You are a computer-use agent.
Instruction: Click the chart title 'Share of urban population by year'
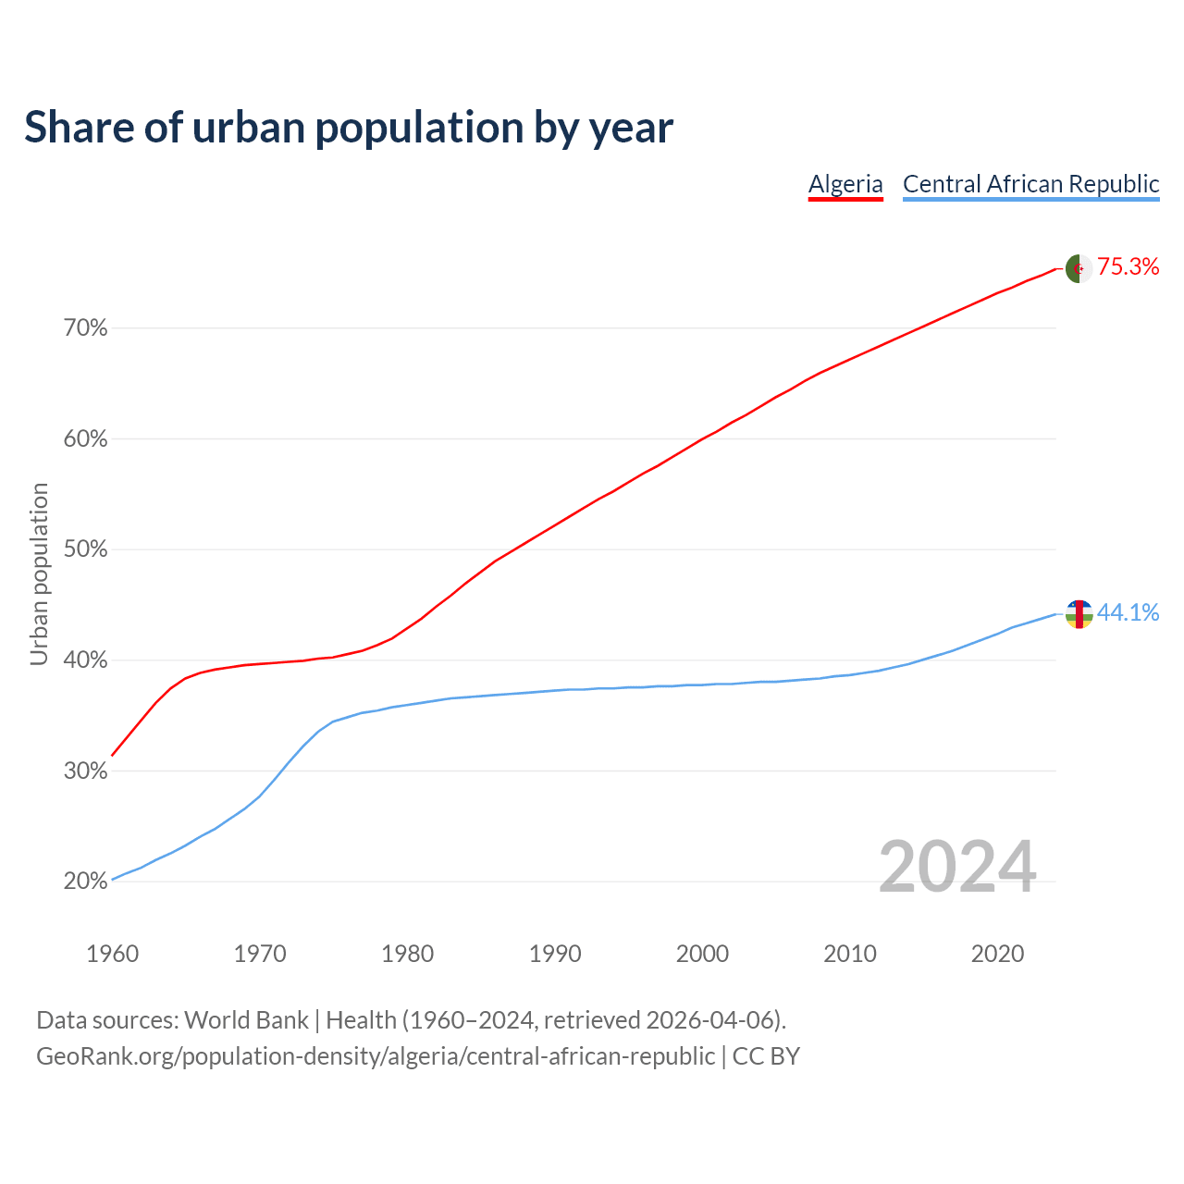click(x=349, y=128)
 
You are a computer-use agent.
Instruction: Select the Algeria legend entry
click(x=845, y=184)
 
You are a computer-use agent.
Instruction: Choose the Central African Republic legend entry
click(x=1030, y=184)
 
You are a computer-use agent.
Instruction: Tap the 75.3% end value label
click(x=1128, y=267)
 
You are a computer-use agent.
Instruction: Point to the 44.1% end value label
click(x=1128, y=613)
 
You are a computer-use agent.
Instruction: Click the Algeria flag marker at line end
click(x=1079, y=268)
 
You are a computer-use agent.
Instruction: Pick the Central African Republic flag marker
click(x=1079, y=613)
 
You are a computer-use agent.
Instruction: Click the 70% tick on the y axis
click(x=85, y=328)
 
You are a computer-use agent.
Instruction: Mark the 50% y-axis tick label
click(x=85, y=549)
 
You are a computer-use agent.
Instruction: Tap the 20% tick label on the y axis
click(x=85, y=882)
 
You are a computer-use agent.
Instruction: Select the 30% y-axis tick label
click(x=85, y=771)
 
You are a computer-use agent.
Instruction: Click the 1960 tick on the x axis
click(x=112, y=954)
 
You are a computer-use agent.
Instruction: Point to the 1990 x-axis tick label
click(x=555, y=954)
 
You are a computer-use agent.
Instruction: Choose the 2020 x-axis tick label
click(x=997, y=954)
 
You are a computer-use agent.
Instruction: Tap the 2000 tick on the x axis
click(x=702, y=954)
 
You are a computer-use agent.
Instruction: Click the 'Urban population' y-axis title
click(x=39, y=573)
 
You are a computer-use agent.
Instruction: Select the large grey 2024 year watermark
click(x=957, y=868)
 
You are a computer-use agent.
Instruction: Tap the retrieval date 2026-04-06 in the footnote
click(x=709, y=1020)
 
